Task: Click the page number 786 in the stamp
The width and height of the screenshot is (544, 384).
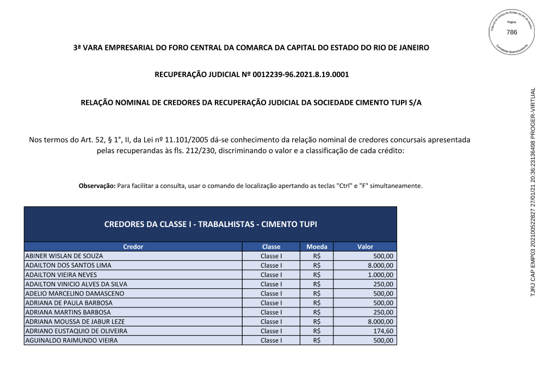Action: pos(511,33)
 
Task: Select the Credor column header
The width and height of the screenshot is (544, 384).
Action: pos(133,247)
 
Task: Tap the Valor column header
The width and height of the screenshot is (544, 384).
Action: pos(365,247)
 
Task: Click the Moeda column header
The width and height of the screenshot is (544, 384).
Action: pos(317,247)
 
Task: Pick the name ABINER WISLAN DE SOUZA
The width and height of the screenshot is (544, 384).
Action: pos(64,256)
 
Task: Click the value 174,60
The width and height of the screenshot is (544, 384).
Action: pos(384,331)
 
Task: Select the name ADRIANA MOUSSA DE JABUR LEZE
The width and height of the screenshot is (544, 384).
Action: pos(75,322)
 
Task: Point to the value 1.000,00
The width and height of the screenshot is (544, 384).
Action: pos(381,275)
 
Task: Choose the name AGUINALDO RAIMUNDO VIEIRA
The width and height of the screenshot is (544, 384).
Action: pos(71,341)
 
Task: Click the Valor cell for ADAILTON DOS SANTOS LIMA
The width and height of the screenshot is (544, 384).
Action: pos(381,266)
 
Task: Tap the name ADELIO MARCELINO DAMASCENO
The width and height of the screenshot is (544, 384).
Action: pos(75,294)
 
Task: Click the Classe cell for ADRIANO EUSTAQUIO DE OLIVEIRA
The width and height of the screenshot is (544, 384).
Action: pos(271,331)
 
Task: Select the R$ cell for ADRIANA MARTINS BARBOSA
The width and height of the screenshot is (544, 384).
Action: pos(317,312)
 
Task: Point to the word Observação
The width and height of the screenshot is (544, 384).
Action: pos(97,186)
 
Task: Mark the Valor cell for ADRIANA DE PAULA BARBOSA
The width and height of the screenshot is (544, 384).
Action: pos(384,303)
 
